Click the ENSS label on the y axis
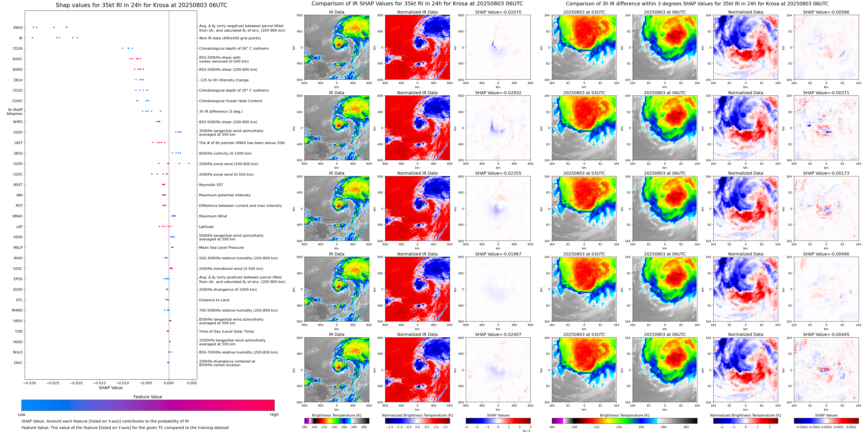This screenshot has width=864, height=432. pos(18,28)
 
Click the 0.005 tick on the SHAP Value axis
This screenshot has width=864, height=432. pos(192,383)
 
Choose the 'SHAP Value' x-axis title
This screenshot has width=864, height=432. pos(111,388)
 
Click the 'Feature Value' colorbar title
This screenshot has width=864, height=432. pos(148,397)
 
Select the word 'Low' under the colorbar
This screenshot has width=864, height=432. pos(22,415)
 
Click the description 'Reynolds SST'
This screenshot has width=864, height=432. pos(211,185)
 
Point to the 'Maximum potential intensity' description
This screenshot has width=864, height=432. pos(225,195)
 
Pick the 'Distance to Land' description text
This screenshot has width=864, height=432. pos(214,300)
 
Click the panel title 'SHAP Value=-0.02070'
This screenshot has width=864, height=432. pos(498,12)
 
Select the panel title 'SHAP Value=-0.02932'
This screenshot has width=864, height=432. pos(498,93)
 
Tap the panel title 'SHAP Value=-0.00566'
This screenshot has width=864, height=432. pos(826,12)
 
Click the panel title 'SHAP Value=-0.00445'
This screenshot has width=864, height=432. pos(826,334)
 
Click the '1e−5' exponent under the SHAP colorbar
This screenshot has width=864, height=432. pos(526,431)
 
